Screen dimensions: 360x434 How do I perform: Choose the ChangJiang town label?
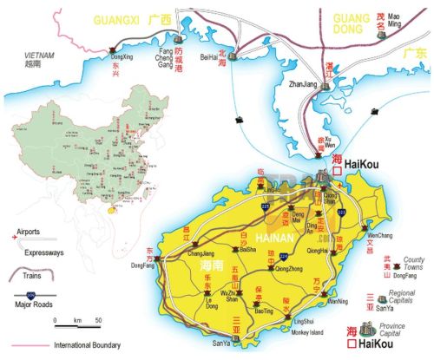point(201,254)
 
